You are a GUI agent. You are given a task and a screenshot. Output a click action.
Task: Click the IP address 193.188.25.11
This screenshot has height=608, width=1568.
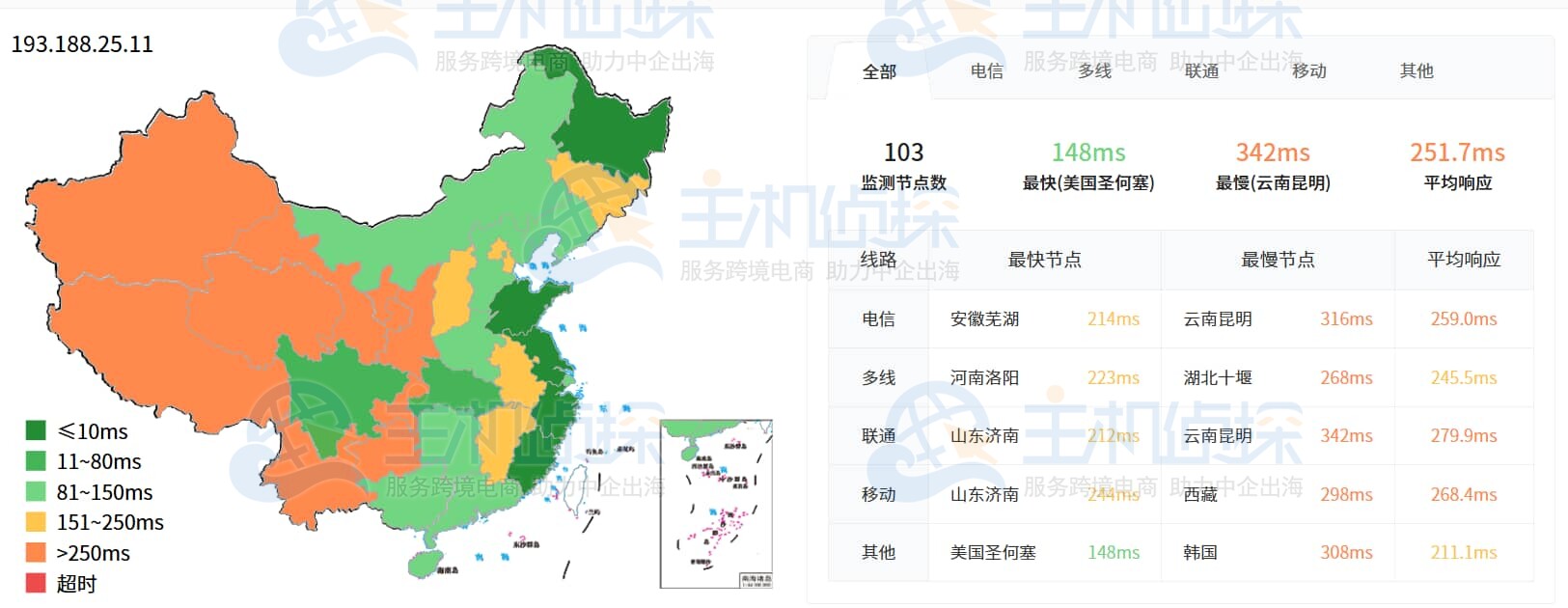(x=82, y=44)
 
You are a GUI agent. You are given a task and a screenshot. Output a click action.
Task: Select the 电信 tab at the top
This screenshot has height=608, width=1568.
(x=986, y=70)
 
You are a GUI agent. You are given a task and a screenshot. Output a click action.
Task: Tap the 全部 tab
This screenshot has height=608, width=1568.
(x=879, y=71)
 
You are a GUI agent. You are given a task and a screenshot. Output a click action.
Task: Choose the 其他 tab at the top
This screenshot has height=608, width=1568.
(x=1417, y=70)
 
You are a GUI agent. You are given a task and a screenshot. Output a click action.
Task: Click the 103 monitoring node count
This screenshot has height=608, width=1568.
(x=903, y=152)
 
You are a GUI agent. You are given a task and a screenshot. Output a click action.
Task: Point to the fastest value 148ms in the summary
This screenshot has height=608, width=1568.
(x=1087, y=152)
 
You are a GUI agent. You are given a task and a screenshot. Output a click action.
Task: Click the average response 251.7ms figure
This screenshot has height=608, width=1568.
(x=1457, y=152)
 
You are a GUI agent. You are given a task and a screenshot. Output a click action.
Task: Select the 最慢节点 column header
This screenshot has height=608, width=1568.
(x=1278, y=260)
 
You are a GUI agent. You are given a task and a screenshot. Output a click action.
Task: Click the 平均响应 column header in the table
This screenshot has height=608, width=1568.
(x=1464, y=260)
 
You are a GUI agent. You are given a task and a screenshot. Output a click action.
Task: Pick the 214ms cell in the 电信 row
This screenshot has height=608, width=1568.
(x=1113, y=319)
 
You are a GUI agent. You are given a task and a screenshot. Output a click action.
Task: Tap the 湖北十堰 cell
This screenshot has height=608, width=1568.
(x=1218, y=377)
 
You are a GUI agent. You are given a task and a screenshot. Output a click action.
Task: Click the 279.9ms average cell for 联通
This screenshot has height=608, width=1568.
(x=1464, y=436)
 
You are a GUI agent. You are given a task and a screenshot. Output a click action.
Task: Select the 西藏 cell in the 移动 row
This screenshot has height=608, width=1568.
(x=1200, y=494)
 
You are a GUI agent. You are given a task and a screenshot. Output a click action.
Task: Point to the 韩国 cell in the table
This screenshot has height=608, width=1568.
(x=1200, y=553)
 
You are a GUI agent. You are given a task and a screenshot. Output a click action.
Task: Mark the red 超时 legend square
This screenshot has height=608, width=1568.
(x=36, y=583)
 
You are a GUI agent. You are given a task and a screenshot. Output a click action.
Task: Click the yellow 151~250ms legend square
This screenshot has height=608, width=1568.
(x=36, y=522)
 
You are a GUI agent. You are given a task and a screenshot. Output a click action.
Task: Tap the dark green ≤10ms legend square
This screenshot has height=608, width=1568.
(x=36, y=430)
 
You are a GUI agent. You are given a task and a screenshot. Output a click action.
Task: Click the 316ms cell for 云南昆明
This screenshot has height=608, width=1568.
(x=1346, y=319)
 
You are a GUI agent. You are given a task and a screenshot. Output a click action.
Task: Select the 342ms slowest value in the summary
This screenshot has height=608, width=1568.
(x=1273, y=152)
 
